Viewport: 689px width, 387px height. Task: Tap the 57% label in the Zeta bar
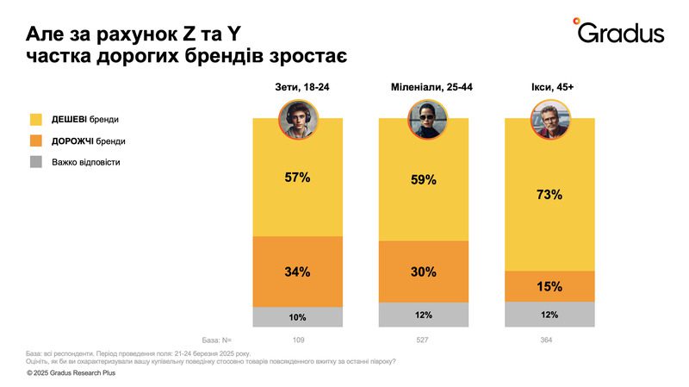(x=297, y=178)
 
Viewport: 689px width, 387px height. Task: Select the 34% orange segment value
(x=297, y=272)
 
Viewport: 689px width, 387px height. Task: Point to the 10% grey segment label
(x=297, y=317)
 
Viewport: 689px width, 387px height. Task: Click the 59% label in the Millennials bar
(x=424, y=181)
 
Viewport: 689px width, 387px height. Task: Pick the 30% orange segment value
(x=424, y=272)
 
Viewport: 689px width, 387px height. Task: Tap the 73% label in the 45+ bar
(x=549, y=195)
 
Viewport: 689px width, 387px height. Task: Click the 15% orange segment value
(x=549, y=286)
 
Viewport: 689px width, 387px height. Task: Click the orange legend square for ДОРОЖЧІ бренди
(x=38, y=140)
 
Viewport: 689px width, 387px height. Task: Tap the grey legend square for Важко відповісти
(x=38, y=161)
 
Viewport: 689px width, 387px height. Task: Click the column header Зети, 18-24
(x=297, y=88)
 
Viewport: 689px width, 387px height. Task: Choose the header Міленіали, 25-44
(x=424, y=88)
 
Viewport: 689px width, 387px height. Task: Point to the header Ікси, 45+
(x=549, y=88)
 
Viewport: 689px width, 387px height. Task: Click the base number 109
(x=297, y=340)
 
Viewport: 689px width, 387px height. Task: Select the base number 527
(x=424, y=340)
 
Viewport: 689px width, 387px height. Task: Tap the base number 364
(x=549, y=340)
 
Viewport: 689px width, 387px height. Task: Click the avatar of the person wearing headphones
(x=297, y=120)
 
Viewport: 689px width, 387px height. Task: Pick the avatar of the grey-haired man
(x=549, y=120)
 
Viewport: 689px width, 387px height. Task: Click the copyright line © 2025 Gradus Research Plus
(x=71, y=373)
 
